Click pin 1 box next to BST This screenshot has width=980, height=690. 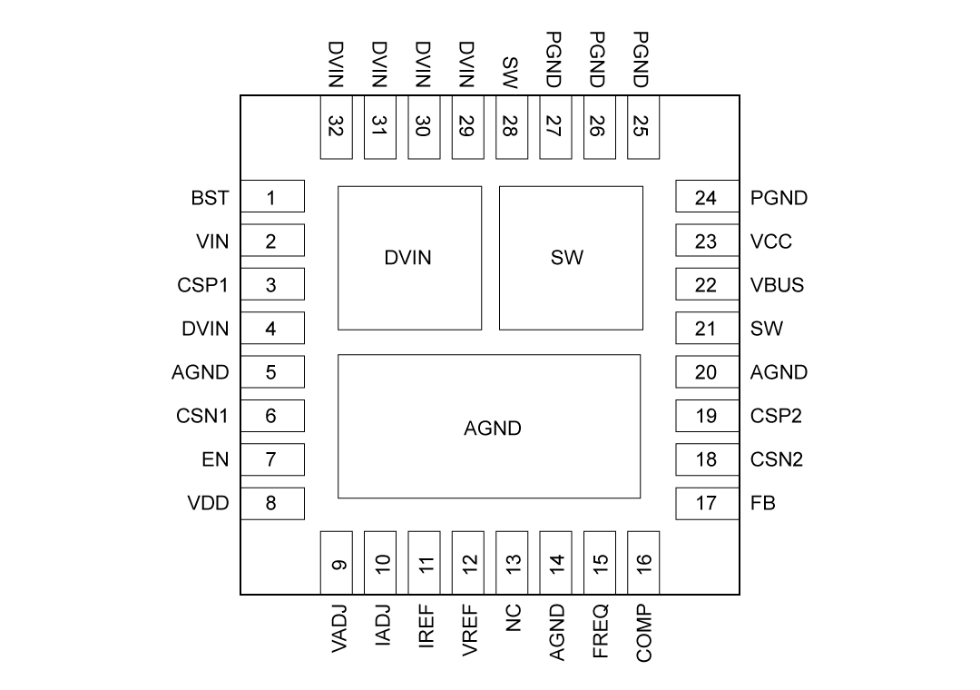point(271,198)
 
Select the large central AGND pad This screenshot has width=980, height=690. point(489,427)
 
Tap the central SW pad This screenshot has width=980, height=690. point(571,258)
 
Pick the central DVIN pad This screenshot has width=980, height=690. point(409,258)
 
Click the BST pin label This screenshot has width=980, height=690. point(211,198)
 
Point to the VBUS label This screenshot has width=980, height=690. point(777,285)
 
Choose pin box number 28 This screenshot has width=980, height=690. point(510,128)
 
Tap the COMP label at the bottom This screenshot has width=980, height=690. point(643,632)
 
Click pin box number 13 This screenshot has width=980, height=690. point(513,563)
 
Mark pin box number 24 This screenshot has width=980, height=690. point(706,198)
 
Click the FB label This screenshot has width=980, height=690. point(763,503)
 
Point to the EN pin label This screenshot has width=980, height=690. point(215,459)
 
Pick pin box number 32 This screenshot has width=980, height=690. point(336,128)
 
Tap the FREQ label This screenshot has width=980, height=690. point(600,631)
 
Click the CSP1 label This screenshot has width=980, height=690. point(203,285)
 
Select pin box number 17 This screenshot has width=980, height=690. point(706,503)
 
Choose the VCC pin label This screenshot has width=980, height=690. point(771,241)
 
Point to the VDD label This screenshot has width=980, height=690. point(209,503)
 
